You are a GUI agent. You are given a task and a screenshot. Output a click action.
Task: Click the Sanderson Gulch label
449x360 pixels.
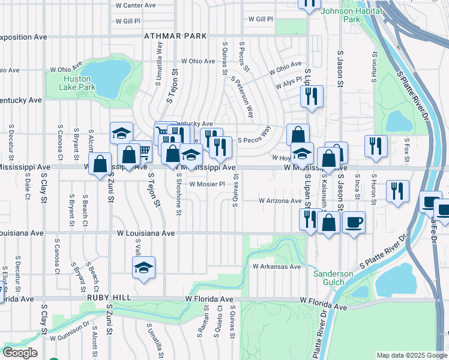coord(333,278)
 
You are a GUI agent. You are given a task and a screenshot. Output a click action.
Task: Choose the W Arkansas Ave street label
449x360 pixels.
coord(276,266)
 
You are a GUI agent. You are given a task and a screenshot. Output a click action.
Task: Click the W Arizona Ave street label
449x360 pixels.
coord(280,201)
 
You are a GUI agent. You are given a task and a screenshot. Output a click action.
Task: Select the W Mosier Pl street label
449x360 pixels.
coord(206,184)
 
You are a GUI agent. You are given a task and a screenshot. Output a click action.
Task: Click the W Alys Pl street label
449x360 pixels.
coord(288,85)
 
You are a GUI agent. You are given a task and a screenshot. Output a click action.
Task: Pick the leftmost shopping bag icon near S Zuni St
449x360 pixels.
coord(100,163)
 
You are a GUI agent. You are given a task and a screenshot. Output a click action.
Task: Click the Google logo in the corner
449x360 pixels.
coord(19,353)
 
